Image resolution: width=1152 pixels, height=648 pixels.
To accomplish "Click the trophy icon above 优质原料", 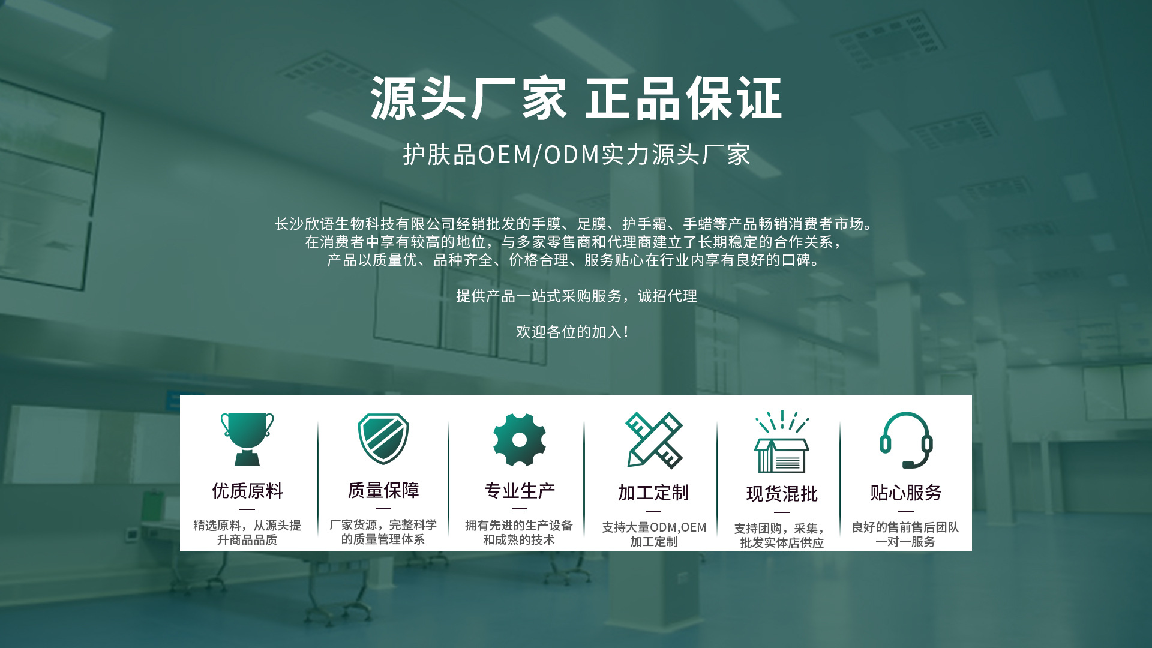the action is (x=247, y=439).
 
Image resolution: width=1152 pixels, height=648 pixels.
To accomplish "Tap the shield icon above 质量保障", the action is (x=383, y=439).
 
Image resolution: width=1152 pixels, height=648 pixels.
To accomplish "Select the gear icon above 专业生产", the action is (x=520, y=440).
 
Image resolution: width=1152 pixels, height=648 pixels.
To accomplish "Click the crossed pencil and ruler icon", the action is (x=654, y=440).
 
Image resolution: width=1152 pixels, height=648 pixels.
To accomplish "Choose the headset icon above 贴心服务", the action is (x=906, y=440).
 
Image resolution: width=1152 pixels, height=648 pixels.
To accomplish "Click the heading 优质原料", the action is (x=247, y=491).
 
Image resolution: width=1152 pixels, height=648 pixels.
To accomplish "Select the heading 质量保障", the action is (x=383, y=490).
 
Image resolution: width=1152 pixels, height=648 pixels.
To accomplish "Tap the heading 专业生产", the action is (x=520, y=491).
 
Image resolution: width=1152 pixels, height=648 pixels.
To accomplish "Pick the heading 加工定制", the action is (x=653, y=493).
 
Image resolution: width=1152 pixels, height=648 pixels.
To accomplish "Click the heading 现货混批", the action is (x=782, y=494).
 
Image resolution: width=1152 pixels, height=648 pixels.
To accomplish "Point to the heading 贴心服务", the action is (x=906, y=493).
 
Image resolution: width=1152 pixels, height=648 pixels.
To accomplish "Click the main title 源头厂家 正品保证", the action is (x=576, y=98).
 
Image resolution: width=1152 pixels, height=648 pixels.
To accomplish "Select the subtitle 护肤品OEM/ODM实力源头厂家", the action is (x=576, y=155).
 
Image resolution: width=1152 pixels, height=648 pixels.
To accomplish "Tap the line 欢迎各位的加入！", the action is (x=573, y=332).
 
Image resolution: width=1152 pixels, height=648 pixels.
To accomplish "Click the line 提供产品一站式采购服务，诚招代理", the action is (x=577, y=296).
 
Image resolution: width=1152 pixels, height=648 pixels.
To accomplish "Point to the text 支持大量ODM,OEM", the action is (x=654, y=527).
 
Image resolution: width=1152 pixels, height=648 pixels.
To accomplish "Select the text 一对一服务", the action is (x=905, y=542).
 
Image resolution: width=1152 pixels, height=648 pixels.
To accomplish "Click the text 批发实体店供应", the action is (x=782, y=543).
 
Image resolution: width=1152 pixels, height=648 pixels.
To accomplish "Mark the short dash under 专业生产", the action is (x=520, y=509).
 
